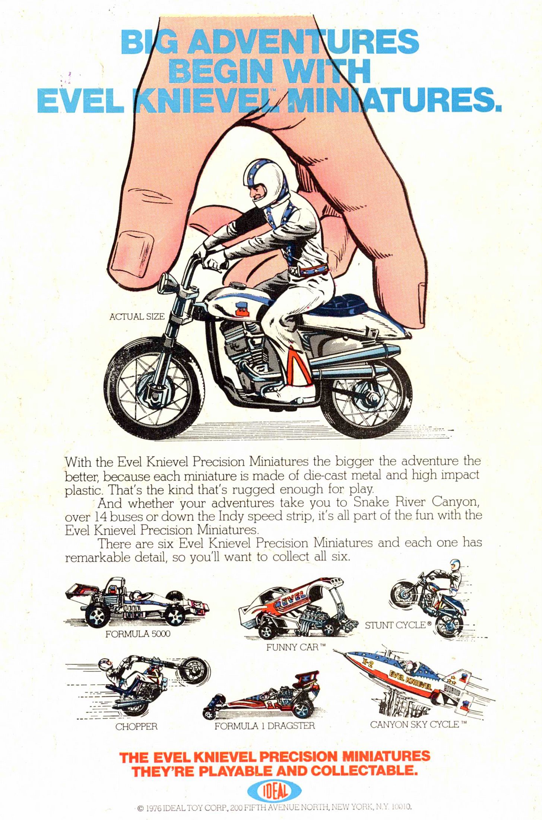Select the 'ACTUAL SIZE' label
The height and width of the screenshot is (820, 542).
coord(137,316)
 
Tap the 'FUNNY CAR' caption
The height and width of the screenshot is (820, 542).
coord(296,647)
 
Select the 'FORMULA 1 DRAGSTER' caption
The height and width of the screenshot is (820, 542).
coord(264,726)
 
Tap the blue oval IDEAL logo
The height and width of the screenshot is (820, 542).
coord(274,791)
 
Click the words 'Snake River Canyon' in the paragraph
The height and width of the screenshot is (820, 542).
coord(415,502)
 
